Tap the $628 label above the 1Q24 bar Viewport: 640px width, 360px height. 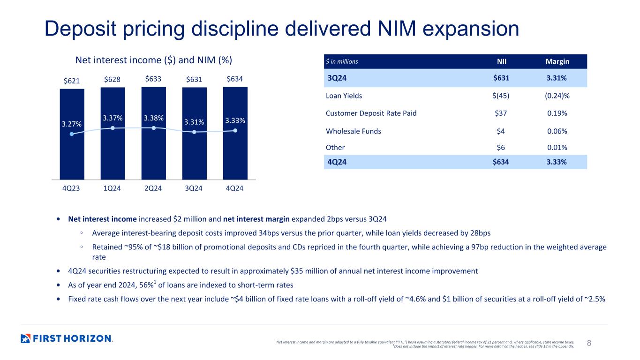coord(112,79)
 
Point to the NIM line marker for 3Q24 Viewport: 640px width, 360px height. coord(194,132)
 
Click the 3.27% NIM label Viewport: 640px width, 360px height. coord(72,124)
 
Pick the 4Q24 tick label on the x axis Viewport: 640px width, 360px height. coord(234,188)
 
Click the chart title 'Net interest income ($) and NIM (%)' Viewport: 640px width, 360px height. coord(154,60)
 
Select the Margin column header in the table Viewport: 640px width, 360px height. coord(557,61)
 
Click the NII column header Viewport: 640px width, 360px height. coord(502,61)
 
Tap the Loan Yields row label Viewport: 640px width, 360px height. coord(344,96)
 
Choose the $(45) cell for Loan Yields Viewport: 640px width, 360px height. coord(501,96)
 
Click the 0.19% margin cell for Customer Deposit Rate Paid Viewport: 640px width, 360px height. coord(557,113)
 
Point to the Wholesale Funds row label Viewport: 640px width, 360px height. coord(354,131)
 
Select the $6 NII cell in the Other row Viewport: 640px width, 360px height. coord(501,148)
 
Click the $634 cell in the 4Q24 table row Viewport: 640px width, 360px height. coord(501,162)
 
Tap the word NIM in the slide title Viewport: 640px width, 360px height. coord(397,29)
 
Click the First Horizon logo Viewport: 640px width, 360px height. coord(67,338)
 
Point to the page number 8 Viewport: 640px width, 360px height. coord(589,343)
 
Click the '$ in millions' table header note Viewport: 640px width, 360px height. coord(342,61)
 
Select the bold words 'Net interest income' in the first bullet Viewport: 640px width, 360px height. coord(102,219)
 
